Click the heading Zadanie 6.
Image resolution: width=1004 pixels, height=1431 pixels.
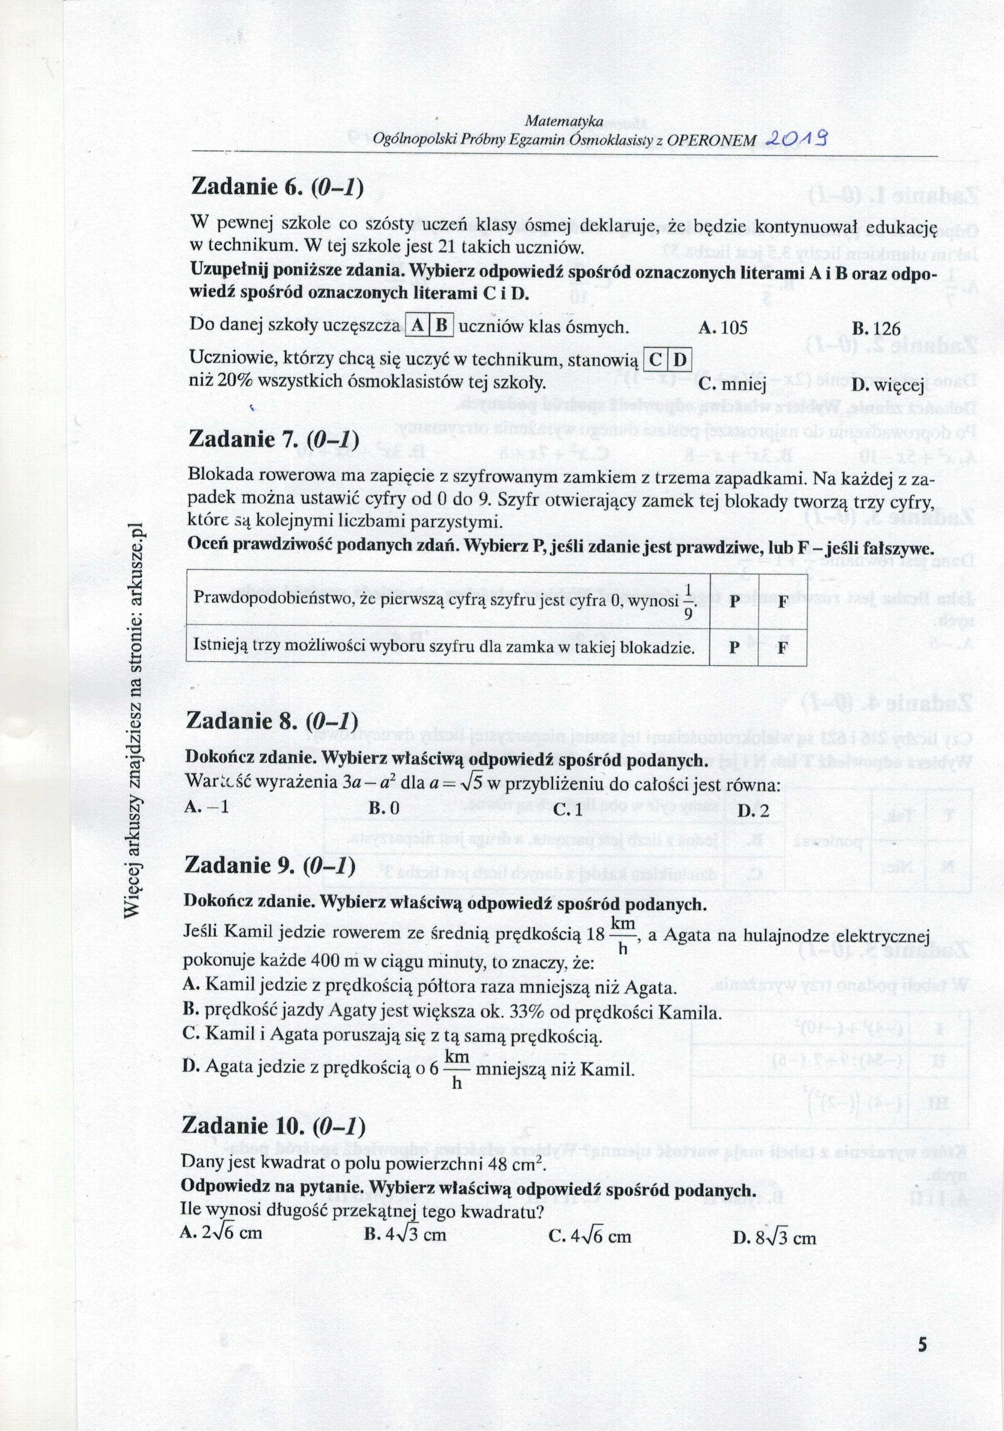[x=276, y=187]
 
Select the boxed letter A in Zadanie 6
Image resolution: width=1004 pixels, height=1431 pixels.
[x=417, y=325]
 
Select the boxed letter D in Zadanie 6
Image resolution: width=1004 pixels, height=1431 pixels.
[x=680, y=359]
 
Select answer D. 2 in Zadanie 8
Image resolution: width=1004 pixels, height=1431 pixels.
[x=753, y=810]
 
